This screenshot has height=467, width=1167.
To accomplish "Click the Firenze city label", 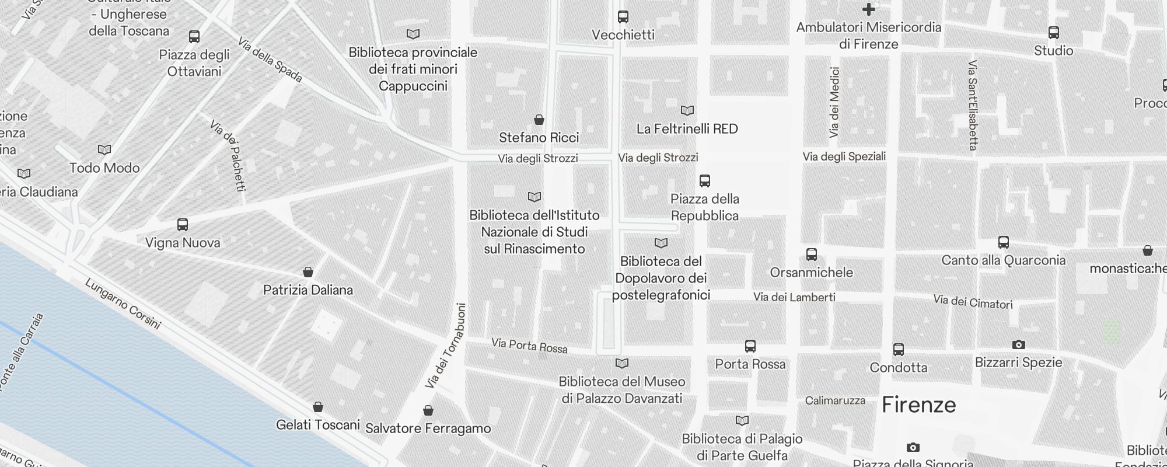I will (x=918, y=405).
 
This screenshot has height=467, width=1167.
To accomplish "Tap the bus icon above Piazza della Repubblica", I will (x=704, y=180).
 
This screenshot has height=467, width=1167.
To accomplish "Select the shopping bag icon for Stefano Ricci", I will (x=539, y=120).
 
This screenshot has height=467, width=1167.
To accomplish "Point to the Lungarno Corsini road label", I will (x=123, y=304).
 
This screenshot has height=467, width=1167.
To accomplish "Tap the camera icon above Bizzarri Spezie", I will (x=1018, y=344).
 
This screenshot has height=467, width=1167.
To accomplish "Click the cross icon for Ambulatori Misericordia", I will (x=868, y=9).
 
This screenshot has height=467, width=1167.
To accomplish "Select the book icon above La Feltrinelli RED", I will (x=687, y=110).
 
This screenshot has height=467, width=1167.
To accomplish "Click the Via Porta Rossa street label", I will (x=529, y=346).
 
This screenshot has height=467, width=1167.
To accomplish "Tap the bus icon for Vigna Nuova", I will (x=183, y=225).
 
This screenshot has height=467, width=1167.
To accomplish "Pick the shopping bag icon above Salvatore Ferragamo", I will (x=428, y=410).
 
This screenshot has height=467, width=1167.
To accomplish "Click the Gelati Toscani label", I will (x=317, y=424).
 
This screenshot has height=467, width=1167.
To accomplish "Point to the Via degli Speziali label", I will (x=844, y=156).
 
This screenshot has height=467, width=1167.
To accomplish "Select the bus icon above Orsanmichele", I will (x=811, y=254).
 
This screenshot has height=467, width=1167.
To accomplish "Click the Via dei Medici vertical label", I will (x=834, y=102).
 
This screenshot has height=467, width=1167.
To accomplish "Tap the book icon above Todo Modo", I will (x=104, y=149).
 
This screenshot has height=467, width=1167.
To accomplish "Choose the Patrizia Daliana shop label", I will (x=308, y=290).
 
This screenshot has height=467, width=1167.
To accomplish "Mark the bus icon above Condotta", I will (x=898, y=349).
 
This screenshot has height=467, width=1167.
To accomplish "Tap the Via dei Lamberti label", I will (x=794, y=297).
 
